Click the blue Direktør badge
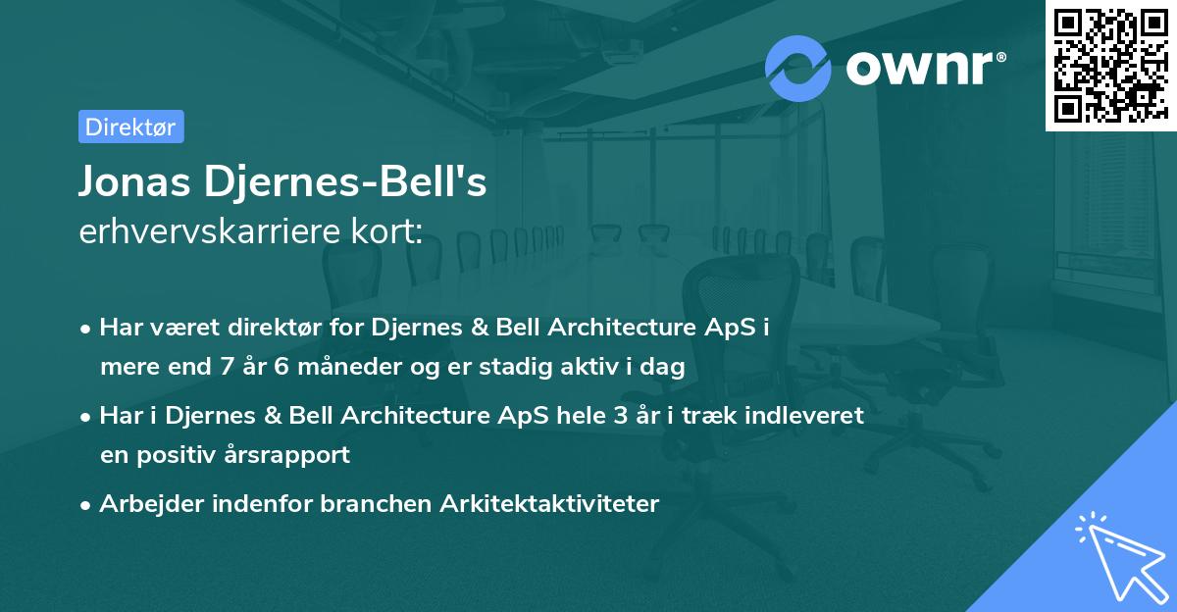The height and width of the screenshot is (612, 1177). (130, 127)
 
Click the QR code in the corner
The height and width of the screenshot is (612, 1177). (1109, 65)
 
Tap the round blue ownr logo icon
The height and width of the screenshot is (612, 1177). (798, 68)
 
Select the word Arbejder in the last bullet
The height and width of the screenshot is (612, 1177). (146, 503)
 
